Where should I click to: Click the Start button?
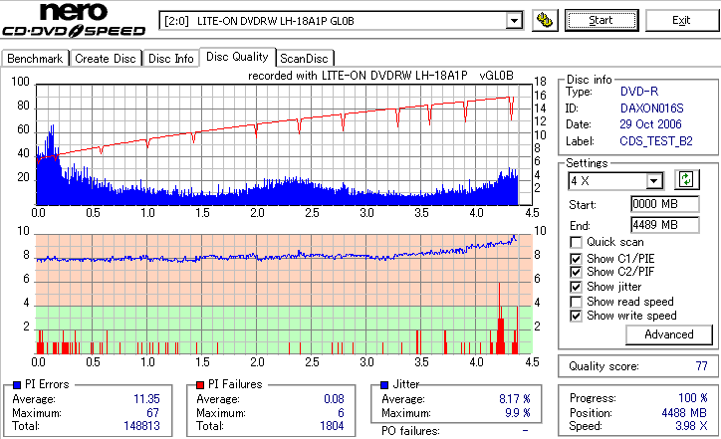[601, 20]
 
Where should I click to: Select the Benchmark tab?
[35, 59]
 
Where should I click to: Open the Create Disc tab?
[105, 59]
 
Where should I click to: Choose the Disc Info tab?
[171, 59]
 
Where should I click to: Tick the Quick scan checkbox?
[577, 242]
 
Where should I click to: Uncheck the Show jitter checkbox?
[577, 287]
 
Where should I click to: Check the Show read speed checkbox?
[577, 302]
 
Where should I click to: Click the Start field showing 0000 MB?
[654, 204]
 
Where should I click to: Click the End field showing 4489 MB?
[654, 225]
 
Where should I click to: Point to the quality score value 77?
[701, 366]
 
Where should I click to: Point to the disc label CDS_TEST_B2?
[657, 141]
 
